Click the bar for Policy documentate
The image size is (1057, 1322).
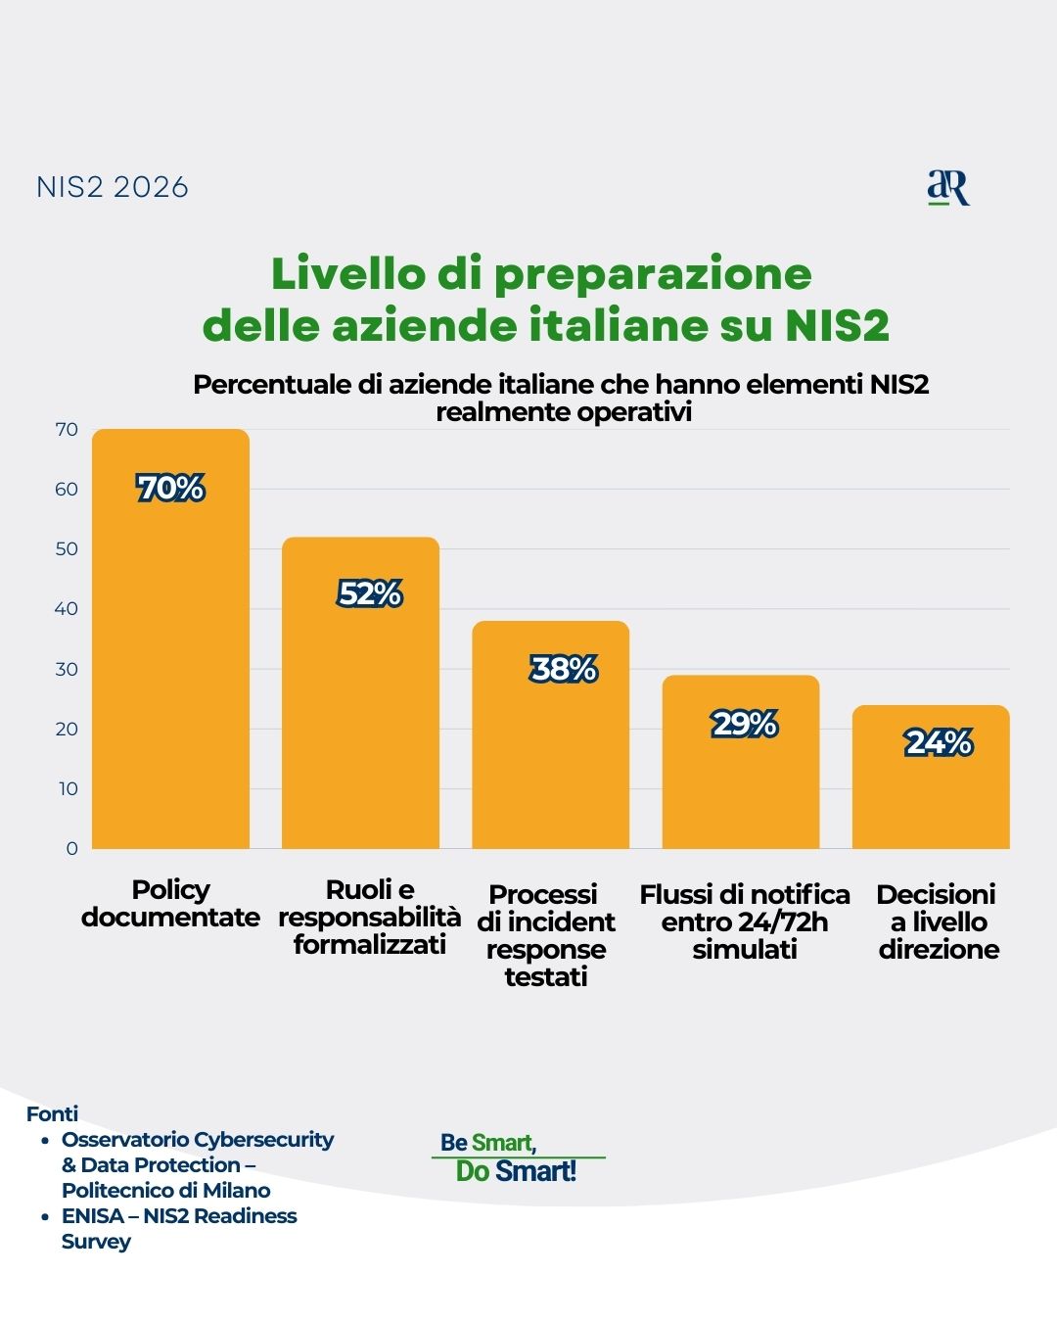tap(170, 666)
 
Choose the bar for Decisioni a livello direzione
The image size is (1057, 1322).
tap(931, 798)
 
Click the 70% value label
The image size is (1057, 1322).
tap(170, 488)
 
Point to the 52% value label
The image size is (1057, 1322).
tap(370, 593)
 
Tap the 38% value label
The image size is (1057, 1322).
tap(564, 669)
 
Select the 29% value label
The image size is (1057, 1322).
tap(745, 724)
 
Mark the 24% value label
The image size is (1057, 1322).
tap(939, 742)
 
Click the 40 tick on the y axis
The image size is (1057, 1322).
tap(67, 609)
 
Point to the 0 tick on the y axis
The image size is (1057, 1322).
tap(71, 849)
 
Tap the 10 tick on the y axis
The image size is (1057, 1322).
tap(68, 789)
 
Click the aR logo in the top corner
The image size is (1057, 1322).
tap(947, 187)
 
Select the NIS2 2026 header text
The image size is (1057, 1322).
tap(113, 187)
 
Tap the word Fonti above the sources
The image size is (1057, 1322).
tap(52, 1113)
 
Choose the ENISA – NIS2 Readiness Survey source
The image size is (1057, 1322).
tap(179, 1228)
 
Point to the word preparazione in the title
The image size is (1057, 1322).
tap(652, 274)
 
